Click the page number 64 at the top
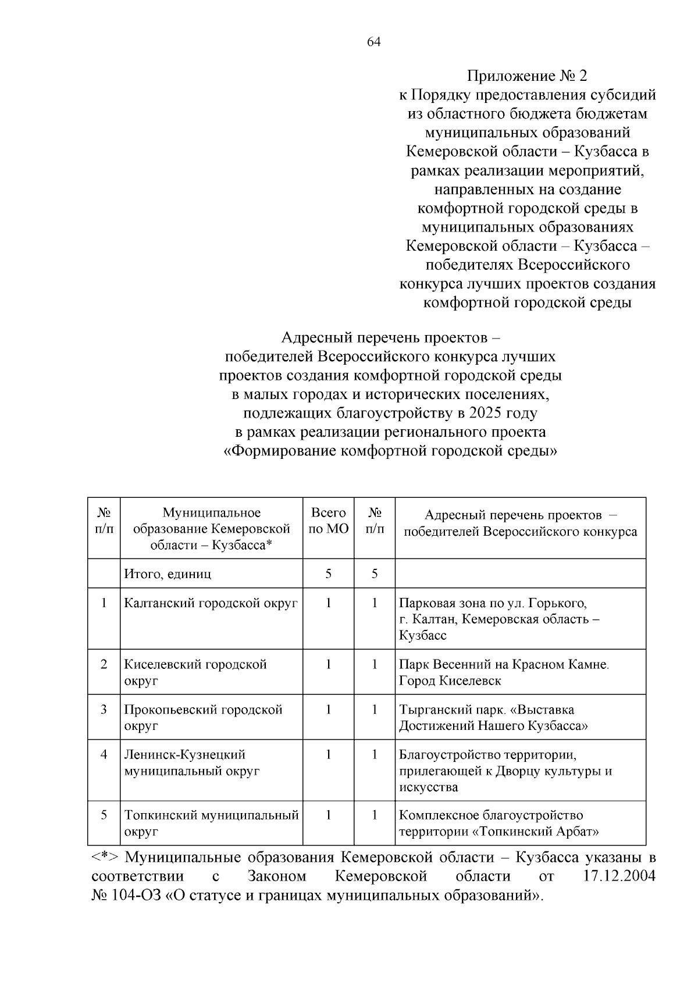coord(374,42)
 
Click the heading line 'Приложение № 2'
coord(527,76)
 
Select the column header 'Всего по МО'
coord(328,521)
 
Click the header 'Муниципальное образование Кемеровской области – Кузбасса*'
coord(211,528)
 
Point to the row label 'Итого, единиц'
coord(168,574)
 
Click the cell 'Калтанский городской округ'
coord(211,603)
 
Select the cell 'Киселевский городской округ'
coord(195,672)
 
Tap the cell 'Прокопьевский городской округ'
coord(203,717)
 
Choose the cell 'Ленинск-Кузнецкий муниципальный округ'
coord(191,762)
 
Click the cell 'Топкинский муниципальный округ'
coord(211,823)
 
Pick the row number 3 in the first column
coord(104,710)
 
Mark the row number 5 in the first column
coord(104,815)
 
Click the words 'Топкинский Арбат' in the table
coord(536,832)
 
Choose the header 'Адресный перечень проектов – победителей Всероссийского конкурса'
coord(520,523)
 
